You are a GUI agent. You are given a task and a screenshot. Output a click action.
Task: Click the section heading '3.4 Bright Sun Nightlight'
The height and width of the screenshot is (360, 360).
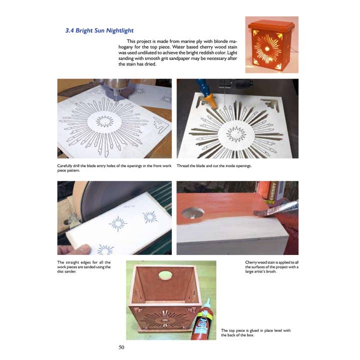[100, 30]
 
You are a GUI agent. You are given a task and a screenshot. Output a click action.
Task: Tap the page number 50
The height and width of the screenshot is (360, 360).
[121, 347]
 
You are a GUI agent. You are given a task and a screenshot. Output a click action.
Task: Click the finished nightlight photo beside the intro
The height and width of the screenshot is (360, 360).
[271, 45]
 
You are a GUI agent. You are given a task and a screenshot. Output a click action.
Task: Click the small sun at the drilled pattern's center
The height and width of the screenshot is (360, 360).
[104, 121]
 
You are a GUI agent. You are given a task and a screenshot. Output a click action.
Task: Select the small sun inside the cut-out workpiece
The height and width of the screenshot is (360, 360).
[235, 133]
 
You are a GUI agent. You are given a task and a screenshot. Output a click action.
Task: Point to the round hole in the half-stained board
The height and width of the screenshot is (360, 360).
[193, 212]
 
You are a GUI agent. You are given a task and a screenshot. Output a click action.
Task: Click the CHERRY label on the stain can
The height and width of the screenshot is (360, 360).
[273, 192]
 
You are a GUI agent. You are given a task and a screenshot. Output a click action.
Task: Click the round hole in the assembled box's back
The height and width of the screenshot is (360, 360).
[165, 274]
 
